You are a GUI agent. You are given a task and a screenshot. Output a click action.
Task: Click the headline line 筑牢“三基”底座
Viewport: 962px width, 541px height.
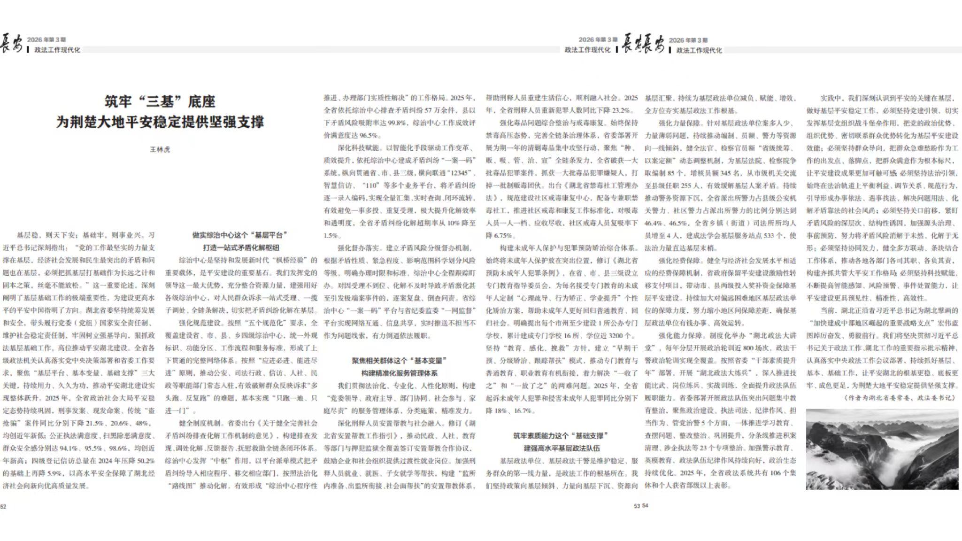tap(160, 101)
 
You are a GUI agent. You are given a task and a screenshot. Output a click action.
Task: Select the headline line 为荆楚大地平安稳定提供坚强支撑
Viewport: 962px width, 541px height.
tap(160, 122)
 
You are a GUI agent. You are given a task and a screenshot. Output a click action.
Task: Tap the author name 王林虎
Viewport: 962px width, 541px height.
tap(160, 149)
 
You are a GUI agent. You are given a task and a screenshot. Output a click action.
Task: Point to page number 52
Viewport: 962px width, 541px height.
tap(3, 507)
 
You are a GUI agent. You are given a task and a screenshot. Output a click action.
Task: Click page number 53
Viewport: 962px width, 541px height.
tap(637, 506)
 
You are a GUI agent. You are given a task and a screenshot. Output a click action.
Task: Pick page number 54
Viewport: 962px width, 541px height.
tap(645, 506)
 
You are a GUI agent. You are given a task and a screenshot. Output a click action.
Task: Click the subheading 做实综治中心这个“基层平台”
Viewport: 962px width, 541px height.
tap(240, 235)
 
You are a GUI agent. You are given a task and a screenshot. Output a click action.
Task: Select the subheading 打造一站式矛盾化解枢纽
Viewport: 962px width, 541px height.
tap(240, 247)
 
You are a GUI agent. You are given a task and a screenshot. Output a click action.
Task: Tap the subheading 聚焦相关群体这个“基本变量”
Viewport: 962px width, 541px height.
tap(399, 361)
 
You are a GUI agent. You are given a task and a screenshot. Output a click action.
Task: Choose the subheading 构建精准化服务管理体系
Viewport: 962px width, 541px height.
tap(399, 373)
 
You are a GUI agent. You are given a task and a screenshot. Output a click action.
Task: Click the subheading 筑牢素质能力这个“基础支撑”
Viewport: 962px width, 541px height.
tap(561, 436)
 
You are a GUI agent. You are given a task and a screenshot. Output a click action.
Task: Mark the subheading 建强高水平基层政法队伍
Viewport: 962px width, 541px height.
tap(561, 448)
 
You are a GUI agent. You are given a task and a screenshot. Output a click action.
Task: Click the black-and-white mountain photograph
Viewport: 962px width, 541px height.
tap(882, 449)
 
